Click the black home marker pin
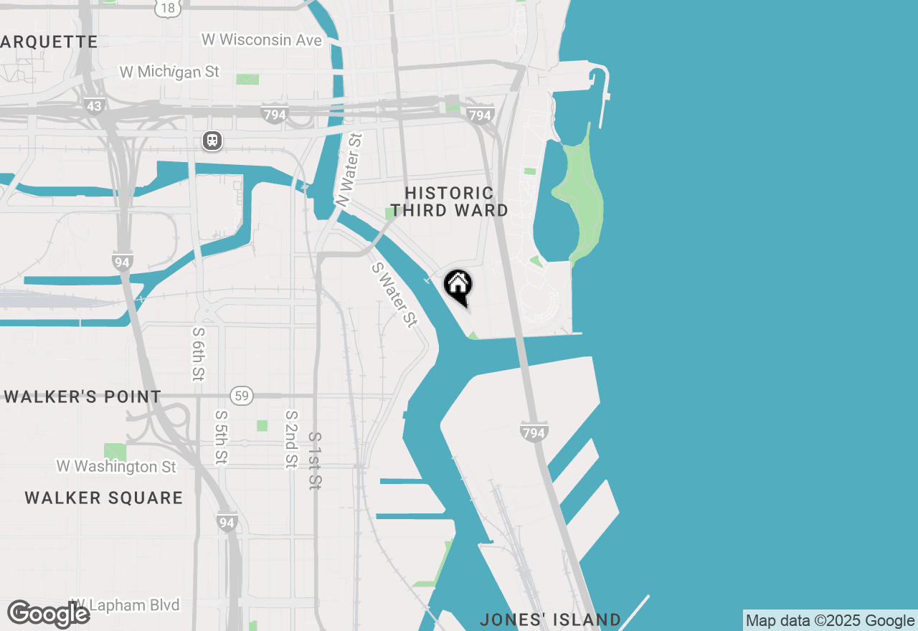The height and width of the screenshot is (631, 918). [458, 287]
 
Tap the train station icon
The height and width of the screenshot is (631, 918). [212, 141]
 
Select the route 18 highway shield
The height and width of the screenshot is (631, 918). [167, 8]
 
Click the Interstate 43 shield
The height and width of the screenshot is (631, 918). [94, 106]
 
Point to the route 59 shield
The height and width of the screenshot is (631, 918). [242, 395]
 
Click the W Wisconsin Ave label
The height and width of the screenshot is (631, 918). [262, 40]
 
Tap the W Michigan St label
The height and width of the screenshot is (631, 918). [169, 72]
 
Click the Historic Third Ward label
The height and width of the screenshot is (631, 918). [450, 201]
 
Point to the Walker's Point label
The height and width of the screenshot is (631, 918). [82, 397]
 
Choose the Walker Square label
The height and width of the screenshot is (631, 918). [104, 498]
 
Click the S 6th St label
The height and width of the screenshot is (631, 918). [199, 354]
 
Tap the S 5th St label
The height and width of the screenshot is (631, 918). [222, 436]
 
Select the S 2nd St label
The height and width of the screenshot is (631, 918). [291, 439]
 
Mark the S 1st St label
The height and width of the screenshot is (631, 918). [314, 460]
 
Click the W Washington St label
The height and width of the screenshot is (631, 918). [116, 467]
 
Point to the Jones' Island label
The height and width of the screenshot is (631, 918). [551, 620]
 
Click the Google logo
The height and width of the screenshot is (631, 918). [48, 615]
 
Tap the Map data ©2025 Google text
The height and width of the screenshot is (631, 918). [830, 621]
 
